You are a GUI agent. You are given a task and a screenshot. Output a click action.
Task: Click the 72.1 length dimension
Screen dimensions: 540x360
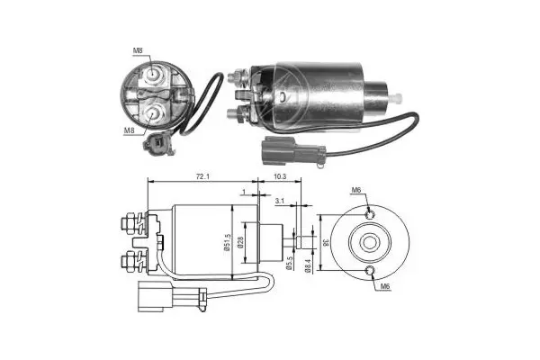click(202, 176)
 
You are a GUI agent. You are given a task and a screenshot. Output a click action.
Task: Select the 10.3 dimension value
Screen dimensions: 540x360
click(280, 176)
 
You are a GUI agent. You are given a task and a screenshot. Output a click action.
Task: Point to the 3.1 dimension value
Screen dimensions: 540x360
click(280, 201)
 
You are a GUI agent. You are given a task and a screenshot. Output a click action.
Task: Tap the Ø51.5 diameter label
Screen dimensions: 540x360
click(227, 242)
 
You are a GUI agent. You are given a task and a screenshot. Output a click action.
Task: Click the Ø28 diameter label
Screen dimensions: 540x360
click(240, 241)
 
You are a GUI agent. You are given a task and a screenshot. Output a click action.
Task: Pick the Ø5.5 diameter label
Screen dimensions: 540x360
click(289, 263)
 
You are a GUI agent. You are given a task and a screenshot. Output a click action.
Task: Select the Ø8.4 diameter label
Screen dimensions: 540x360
click(308, 266)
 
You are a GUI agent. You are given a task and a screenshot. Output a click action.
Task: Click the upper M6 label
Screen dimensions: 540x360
click(356, 190)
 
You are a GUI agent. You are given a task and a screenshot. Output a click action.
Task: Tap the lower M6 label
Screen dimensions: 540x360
click(385, 286)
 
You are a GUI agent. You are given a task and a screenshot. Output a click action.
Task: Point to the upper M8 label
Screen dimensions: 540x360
click(138, 50)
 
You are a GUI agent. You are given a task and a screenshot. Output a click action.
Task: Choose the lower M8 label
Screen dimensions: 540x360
click(129, 130)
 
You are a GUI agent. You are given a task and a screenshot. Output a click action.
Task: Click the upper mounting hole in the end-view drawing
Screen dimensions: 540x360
click(370, 215)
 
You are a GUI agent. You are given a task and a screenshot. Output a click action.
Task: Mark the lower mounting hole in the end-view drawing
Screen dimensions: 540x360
click(370, 271)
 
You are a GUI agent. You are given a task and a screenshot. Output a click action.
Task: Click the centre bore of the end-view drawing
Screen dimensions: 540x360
click(370, 242)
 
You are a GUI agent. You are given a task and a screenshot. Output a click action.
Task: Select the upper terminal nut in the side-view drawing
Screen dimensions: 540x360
click(129, 224)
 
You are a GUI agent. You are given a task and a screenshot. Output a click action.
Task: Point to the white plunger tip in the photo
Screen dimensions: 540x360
click(398, 98)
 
